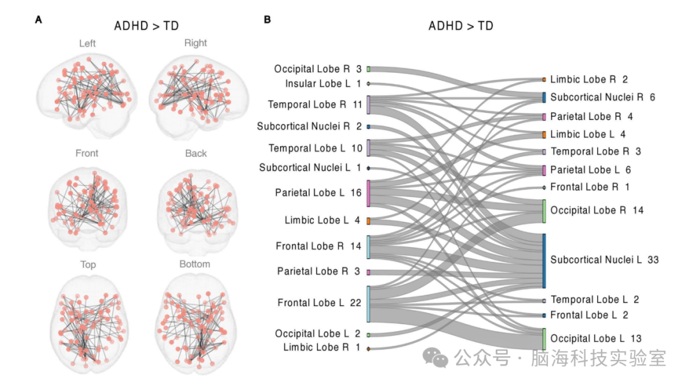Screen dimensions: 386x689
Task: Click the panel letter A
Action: [x=39, y=20]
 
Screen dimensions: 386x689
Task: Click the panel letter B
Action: [x=267, y=20]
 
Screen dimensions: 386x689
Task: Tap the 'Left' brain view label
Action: [x=88, y=43]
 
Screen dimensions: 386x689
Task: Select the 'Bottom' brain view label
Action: [x=195, y=264]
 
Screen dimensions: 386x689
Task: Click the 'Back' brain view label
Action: [x=196, y=153]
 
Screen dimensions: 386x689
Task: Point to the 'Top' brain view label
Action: [x=88, y=264]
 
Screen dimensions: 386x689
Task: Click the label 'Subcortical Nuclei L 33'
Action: [x=604, y=260]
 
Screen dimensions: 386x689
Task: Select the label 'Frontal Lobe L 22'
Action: [x=319, y=303]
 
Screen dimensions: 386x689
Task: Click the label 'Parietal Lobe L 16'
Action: [x=318, y=193]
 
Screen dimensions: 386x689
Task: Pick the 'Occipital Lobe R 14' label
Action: [x=596, y=211]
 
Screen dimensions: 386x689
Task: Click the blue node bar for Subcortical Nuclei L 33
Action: [x=544, y=260]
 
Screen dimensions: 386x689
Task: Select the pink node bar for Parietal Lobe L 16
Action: [x=369, y=193]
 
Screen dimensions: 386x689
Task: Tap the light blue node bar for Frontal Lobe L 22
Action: [x=369, y=304]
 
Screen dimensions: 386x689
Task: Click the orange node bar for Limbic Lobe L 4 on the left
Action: [x=369, y=221]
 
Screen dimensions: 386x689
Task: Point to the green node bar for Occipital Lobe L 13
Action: [x=544, y=339]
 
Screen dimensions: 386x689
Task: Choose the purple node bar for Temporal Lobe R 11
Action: [x=369, y=105]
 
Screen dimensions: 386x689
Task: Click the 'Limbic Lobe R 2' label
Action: [x=589, y=80]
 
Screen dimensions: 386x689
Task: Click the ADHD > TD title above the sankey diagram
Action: [x=461, y=26]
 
